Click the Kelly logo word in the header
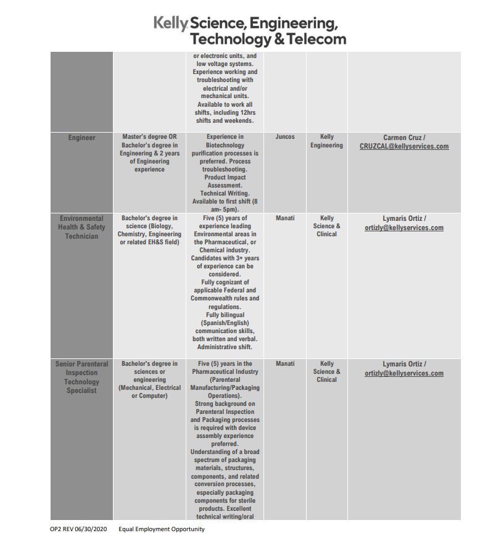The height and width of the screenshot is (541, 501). pos(170,23)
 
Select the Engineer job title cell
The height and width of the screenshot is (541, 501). pos(82,138)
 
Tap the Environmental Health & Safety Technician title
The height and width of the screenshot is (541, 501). pos(82,227)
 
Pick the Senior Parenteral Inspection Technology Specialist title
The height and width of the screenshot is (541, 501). pos(82,377)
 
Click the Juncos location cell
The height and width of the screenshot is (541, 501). pos(285,137)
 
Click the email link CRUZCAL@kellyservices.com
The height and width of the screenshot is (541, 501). pos(404,146)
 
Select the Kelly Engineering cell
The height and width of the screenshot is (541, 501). pos(326,141)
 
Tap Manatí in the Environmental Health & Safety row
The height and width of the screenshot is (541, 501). pos(285,218)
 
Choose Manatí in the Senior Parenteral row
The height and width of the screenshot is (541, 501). pos(285,364)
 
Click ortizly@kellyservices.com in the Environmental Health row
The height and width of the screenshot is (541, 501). pos(404,228)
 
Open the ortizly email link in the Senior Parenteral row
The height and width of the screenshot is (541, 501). pos(404,373)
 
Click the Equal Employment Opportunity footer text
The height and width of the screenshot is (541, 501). pos(162,529)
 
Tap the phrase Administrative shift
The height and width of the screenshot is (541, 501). pos(225,347)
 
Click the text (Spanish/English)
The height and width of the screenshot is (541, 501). pos(225,323)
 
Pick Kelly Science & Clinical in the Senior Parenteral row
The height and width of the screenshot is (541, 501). pos(326,371)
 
